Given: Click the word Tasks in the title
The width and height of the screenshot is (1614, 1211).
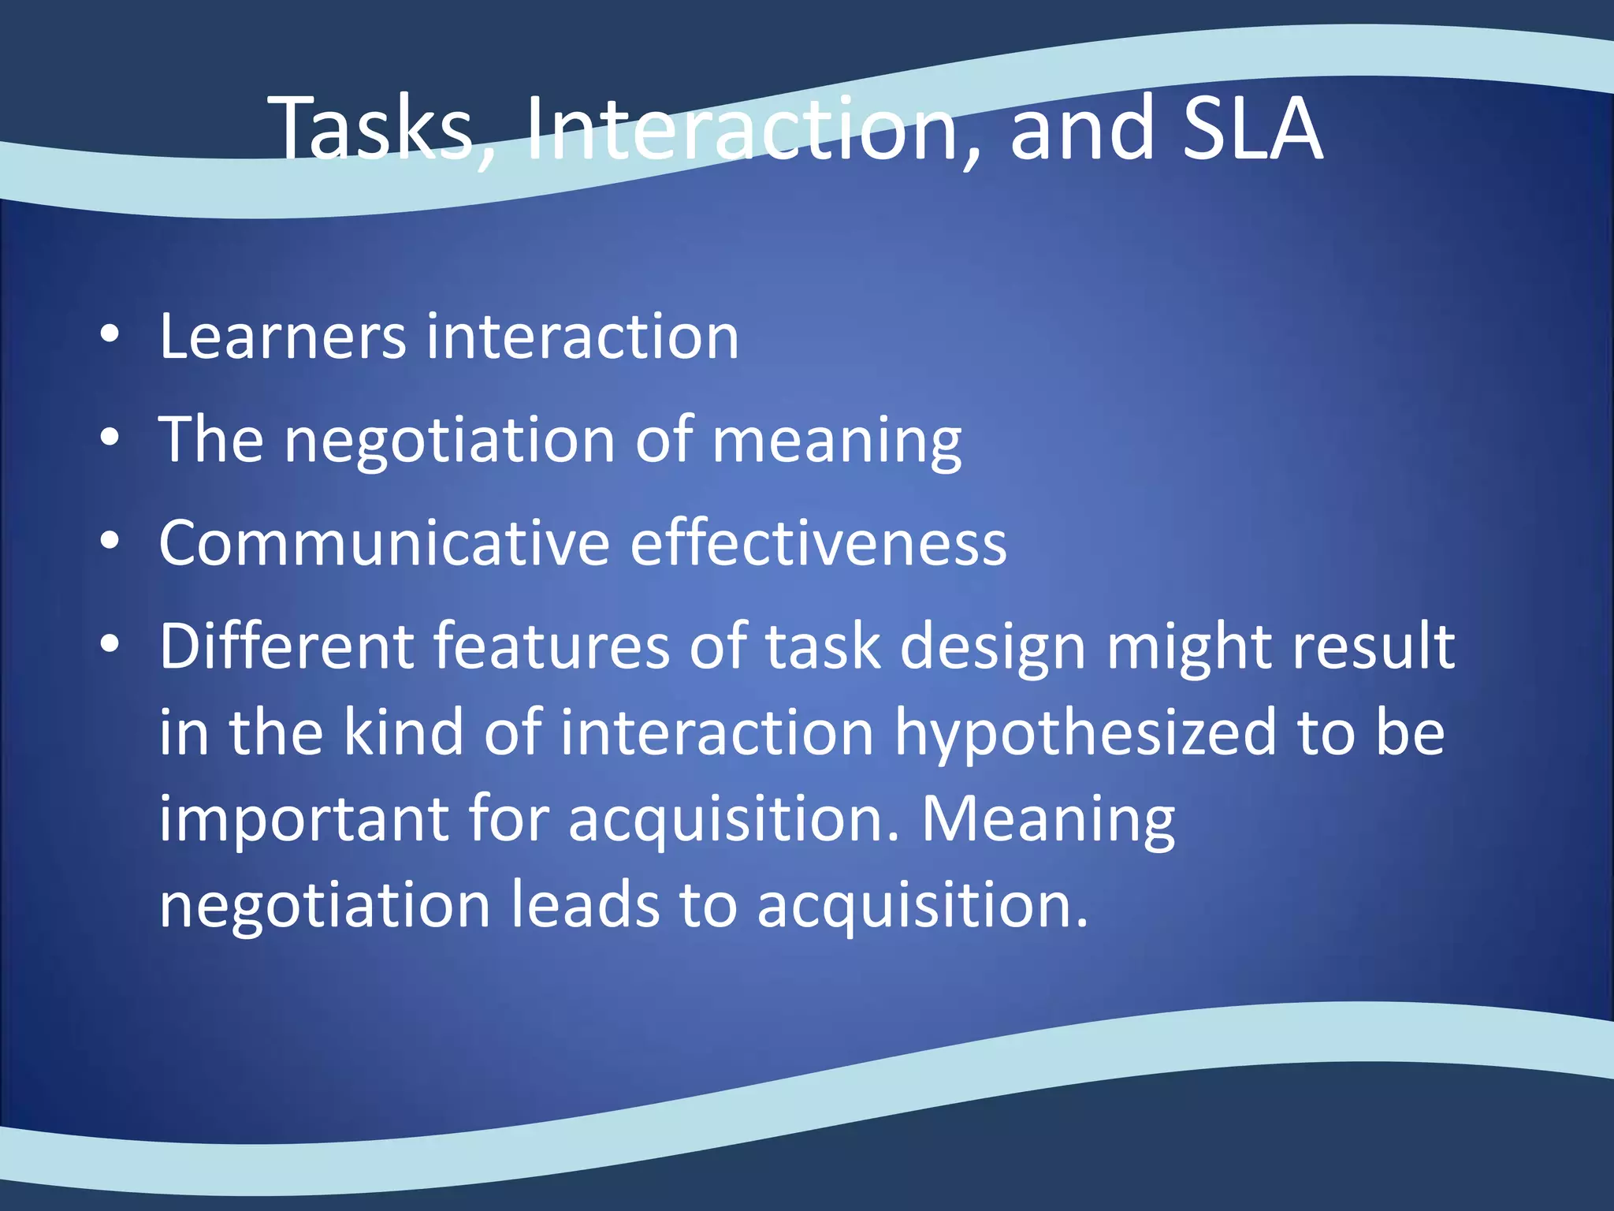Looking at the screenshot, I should tap(370, 128).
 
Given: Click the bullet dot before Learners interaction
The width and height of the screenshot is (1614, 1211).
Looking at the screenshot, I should tap(110, 334).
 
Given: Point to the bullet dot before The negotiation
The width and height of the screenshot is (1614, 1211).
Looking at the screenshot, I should tap(110, 438).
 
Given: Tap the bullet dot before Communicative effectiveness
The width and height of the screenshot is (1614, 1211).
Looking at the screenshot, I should tap(110, 542).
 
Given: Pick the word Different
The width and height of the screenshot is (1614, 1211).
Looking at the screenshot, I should tap(286, 646).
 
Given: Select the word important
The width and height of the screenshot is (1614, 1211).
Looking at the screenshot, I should tap(303, 820).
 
